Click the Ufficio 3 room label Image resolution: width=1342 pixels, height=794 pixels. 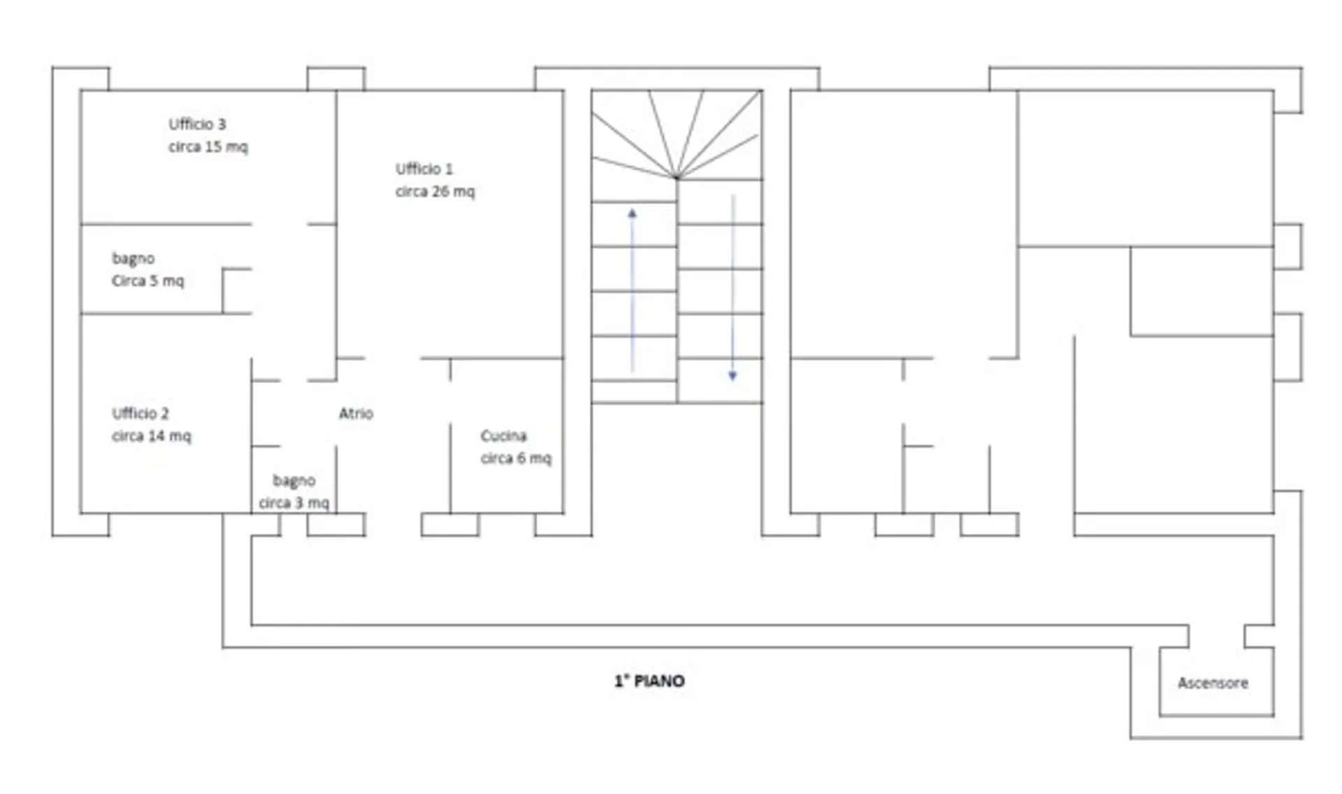pos(197,124)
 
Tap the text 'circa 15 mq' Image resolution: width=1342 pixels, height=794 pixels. pos(208,147)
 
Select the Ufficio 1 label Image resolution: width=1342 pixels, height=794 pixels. pos(424,169)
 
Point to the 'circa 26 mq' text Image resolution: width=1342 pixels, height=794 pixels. pos(435,192)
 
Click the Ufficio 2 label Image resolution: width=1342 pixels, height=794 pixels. pos(140,414)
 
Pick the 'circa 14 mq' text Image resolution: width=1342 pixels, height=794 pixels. pos(151,436)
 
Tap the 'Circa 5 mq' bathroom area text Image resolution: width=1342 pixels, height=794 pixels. pos(147,281)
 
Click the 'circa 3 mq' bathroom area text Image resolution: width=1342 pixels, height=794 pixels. pos(294,503)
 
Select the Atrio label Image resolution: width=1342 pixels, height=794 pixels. pos(356,414)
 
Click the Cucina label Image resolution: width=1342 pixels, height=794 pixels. pos(503,436)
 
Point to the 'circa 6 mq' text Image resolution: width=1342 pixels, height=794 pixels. pos(516,459)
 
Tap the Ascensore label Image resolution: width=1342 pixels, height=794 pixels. pos(1213,683)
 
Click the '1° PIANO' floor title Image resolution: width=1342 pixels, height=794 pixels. pos(649,681)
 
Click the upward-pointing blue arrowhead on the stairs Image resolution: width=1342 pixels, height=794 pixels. pos(632,213)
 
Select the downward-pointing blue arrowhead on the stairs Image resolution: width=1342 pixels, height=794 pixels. pos(733,376)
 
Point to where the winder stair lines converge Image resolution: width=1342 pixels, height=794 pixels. pos(676,178)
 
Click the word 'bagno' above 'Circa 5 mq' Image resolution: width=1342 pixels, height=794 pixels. pos(133,259)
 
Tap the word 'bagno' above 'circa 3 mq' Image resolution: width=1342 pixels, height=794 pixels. pos(294,481)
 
